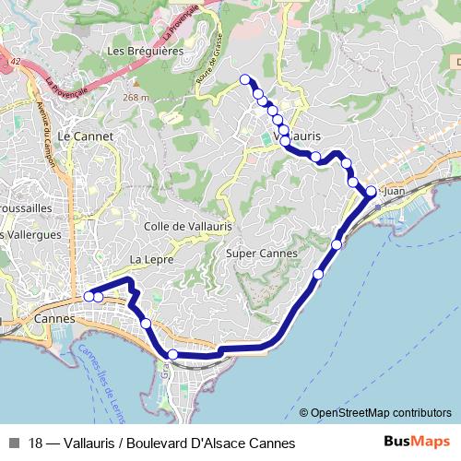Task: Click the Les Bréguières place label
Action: pos(145,51)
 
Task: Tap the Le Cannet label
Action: pos(85,136)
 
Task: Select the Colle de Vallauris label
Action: pos(188,226)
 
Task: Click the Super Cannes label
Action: pos(261,253)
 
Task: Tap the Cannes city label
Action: pos(53,319)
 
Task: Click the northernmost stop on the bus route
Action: pos(245,79)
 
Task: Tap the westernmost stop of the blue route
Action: pos(89,296)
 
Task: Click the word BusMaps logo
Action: pos(418,442)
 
